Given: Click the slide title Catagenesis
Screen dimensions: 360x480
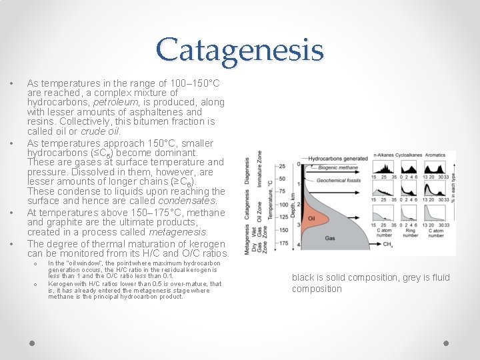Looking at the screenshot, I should coord(240,50).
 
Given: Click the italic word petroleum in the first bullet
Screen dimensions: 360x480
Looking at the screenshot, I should coord(113,103).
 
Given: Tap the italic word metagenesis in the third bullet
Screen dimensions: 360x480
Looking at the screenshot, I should coord(179,231).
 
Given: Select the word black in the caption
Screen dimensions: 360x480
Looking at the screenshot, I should coord(303,277).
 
